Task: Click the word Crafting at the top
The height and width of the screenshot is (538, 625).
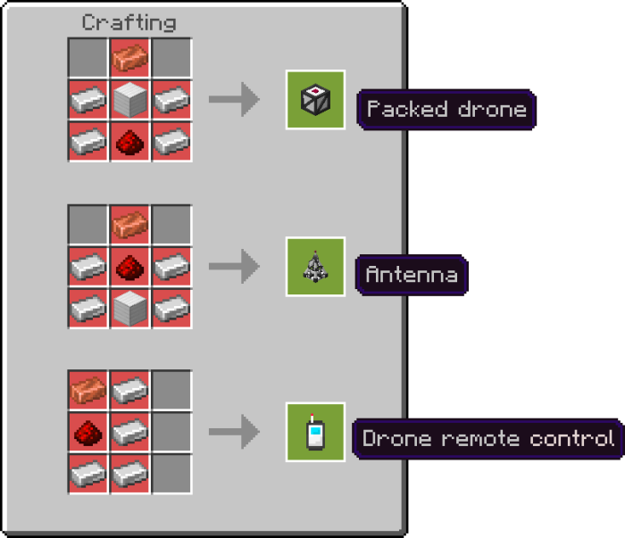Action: pyautogui.click(x=129, y=22)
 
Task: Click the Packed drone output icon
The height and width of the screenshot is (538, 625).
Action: pyautogui.click(x=315, y=100)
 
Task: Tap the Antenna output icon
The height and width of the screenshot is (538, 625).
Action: pyautogui.click(x=315, y=266)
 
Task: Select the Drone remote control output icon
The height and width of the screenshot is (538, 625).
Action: pyautogui.click(x=315, y=432)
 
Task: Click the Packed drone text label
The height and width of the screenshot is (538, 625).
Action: pyautogui.click(x=446, y=110)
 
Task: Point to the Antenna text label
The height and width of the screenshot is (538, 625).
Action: pyautogui.click(x=411, y=275)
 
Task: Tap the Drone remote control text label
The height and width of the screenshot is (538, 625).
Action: pyautogui.click(x=487, y=439)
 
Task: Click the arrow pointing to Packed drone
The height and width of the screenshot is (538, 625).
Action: pyautogui.click(x=234, y=100)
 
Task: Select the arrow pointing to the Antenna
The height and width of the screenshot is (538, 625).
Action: pyautogui.click(x=234, y=266)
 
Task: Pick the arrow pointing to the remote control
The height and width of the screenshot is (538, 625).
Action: pyautogui.click(x=234, y=432)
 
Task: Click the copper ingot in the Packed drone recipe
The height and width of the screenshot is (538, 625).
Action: pyautogui.click(x=129, y=58)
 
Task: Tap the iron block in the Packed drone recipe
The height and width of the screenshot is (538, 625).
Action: pyautogui.click(x=129, y=99)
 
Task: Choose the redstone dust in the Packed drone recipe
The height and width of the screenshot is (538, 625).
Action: pyautogui.click(x=129, y=140)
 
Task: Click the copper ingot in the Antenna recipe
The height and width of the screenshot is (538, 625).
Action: pyautogui.click(x=129, y=225)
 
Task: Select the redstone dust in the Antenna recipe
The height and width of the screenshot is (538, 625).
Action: pyautogui.click(x=129, y=266)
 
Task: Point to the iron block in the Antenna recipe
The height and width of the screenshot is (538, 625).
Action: pyautogui.click(x=129, y=307)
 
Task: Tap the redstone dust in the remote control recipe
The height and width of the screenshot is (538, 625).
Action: pyautogui.click(x=88, y=432)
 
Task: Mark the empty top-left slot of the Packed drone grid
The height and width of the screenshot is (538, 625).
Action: pyautogui.click(x=88, y=58)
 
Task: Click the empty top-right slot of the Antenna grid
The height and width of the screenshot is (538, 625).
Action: pyautogui.click(x=171, y=225)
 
